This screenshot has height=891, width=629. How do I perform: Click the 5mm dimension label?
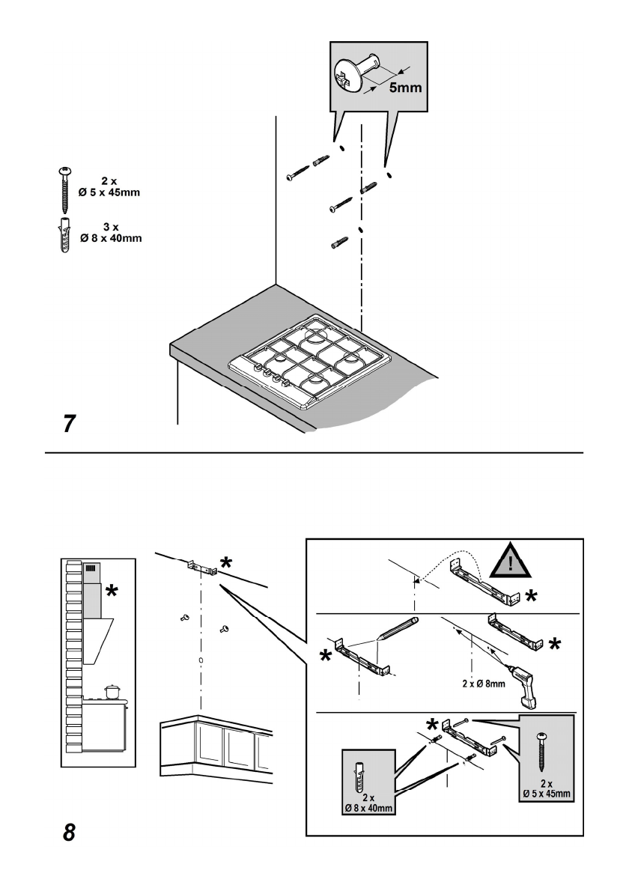405,87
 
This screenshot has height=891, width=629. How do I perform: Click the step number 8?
68,832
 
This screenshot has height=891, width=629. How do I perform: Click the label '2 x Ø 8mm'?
484,683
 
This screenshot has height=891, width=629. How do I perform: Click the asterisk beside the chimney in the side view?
112,592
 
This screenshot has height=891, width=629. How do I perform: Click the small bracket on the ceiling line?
200,568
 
